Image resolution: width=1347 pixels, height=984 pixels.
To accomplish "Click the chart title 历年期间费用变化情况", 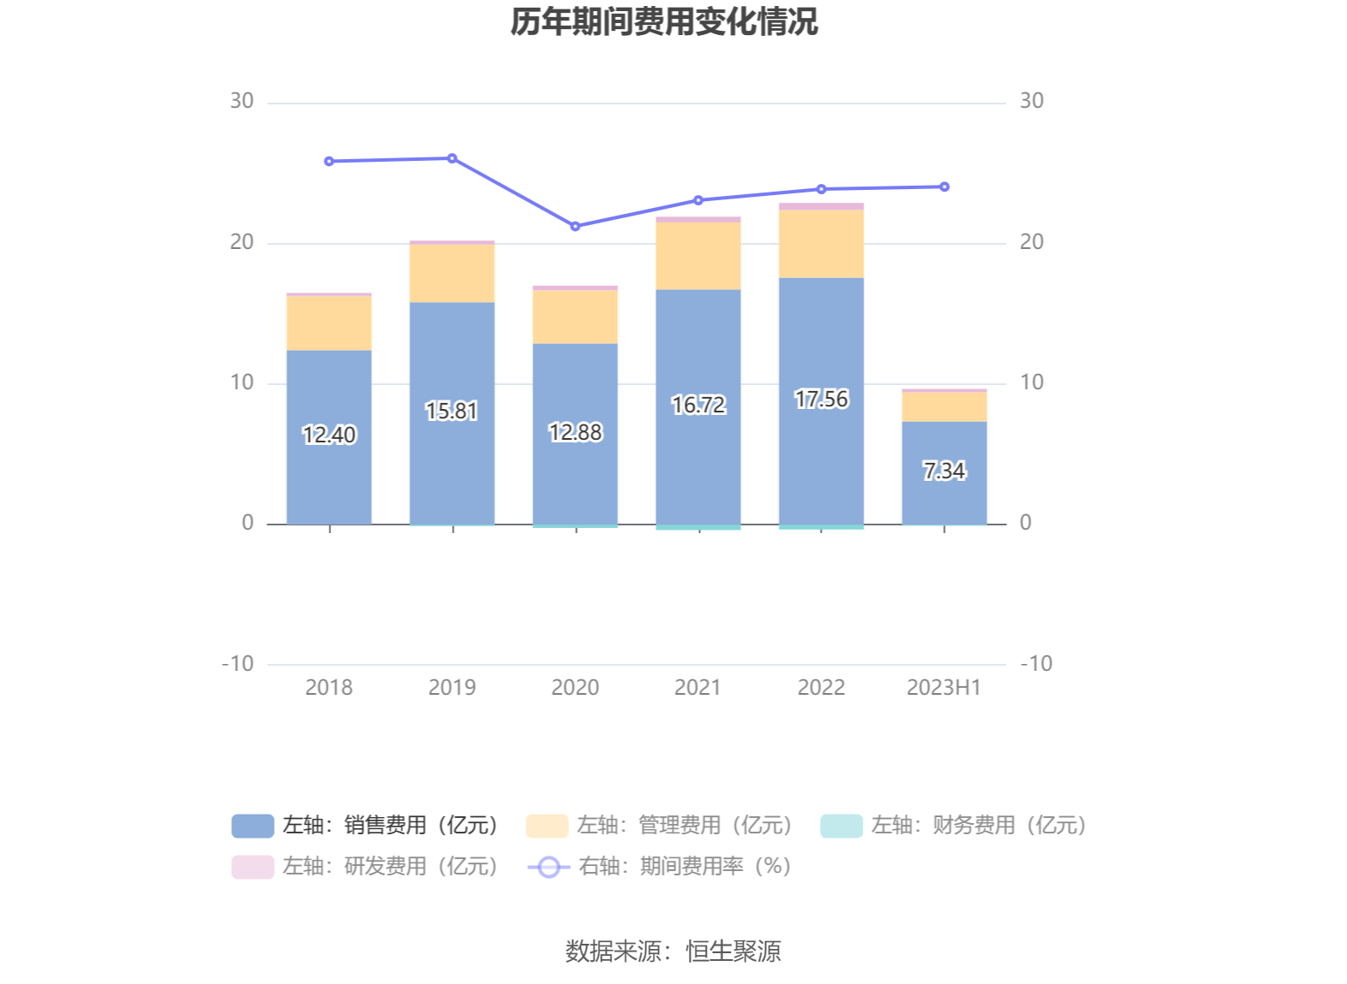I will tap(664, 22).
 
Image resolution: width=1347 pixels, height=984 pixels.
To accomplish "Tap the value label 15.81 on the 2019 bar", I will tap(452, 412).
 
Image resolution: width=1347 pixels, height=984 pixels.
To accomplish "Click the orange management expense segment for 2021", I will tap(698, 256).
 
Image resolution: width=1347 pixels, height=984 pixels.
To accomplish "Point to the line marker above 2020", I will tap(575, 227).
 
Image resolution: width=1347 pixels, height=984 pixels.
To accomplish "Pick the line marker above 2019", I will tap(452, 158).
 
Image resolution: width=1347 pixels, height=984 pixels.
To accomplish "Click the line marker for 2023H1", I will tap(944, 187).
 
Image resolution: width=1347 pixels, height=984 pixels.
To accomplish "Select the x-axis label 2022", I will tap(821, 687).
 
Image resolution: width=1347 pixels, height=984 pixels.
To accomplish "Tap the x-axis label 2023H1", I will tap(943, 687).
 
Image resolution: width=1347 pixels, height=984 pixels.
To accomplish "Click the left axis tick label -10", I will tap(238, 664).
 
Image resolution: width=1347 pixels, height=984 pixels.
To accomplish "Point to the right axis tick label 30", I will tap(1031, 101).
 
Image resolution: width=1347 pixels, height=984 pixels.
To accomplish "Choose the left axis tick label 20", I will tap(242, 242).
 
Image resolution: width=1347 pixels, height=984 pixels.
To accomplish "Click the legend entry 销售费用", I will tap(366, 825).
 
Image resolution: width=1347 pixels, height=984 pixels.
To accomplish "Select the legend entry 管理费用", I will tap(661, 825).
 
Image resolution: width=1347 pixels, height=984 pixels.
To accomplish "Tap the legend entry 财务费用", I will tap(954, 825).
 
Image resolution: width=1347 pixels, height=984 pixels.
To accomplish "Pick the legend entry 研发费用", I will tap(366, 866).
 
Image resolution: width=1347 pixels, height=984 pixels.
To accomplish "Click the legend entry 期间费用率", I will tap(661, 866).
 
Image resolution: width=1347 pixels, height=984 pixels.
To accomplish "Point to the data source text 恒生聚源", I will tap(733, 951).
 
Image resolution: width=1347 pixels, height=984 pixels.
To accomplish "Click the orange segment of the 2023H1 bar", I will tap(944, 406).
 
